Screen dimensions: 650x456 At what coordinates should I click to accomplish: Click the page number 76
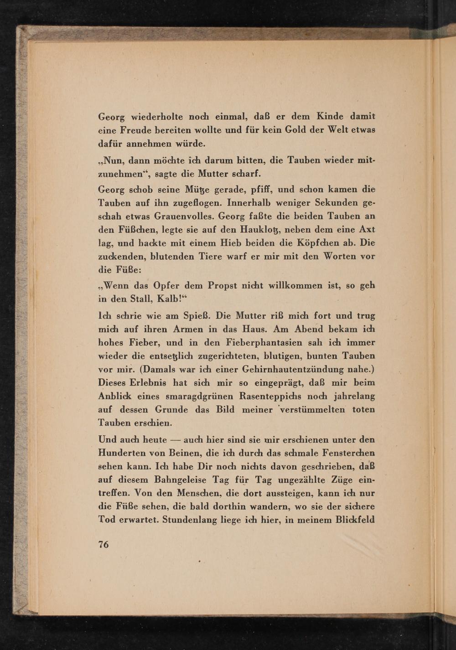pyautogui.click(x=104, y=544)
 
